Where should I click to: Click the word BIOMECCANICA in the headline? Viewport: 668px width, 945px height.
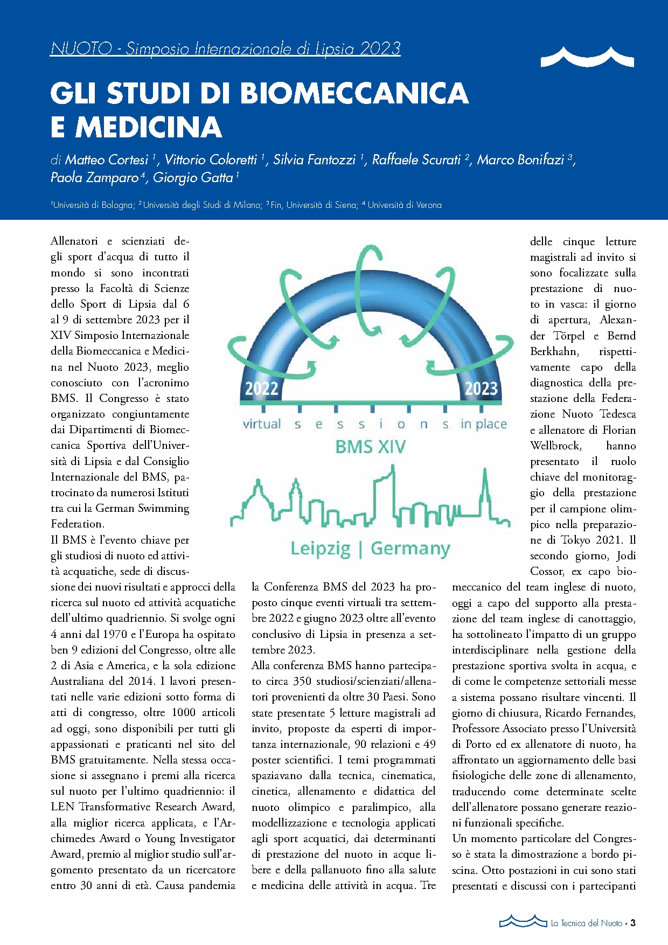point(354,93)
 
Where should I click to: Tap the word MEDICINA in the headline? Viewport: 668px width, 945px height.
point(149,127)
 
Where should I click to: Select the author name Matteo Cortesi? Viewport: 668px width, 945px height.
point(106,160)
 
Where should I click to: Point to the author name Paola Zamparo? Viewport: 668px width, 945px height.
point(94,178)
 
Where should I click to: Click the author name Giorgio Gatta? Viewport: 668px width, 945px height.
point(193,178)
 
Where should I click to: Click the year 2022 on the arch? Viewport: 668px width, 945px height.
point(262,388)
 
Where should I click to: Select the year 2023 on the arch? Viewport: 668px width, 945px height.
point(481,388)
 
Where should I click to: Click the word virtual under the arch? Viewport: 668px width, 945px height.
point(262,424)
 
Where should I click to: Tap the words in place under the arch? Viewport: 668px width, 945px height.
point(483,425)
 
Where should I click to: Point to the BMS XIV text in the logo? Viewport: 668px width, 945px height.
point(371,447)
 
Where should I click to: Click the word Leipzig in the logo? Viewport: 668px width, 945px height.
point(321,548)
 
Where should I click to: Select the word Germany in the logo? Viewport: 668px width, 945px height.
point(410,548)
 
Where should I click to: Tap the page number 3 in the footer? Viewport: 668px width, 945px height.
point(633,923)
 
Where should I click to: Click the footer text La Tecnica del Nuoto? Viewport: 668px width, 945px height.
point(586,923)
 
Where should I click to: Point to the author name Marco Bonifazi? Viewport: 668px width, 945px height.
point(520,160)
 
